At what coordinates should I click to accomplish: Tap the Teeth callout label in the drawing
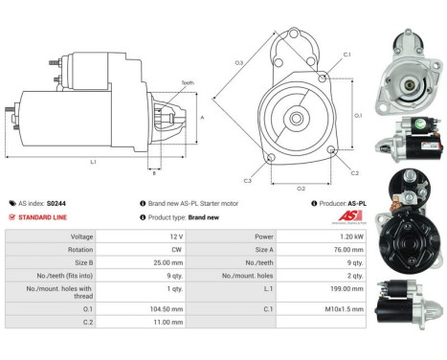click(187, 83)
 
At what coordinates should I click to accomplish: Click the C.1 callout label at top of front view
click(346, 55)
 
